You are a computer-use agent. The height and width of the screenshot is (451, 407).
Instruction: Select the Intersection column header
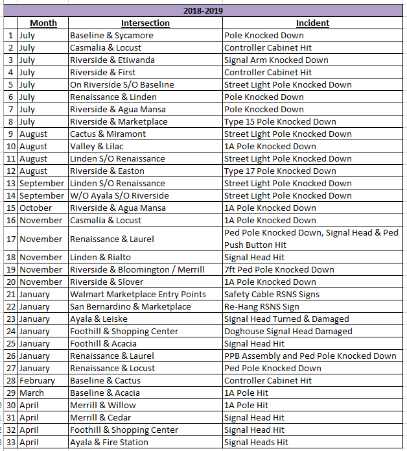[146, 23]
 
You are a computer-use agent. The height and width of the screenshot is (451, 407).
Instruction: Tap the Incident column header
[312, 23]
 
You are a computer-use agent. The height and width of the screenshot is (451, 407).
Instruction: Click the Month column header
[43, 23]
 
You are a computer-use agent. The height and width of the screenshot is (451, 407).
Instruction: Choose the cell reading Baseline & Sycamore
[111, 35]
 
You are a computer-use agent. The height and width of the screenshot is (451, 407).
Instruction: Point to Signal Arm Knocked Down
[276, 60]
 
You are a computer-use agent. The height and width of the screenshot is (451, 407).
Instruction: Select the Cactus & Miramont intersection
[108, 134]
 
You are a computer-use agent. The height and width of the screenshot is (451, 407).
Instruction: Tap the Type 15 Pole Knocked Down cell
[280, 121]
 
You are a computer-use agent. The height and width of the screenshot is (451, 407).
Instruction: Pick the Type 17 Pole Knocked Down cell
[280, 171]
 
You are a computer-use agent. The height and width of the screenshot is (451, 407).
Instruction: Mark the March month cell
[32, 393]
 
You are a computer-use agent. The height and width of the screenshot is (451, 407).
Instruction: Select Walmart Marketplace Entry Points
[138, 294]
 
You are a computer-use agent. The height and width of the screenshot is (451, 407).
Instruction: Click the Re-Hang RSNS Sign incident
[262, 306]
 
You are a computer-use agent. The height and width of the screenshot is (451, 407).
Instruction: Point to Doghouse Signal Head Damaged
[288, 331]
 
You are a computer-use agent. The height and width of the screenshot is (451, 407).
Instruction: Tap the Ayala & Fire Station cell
[109, 442]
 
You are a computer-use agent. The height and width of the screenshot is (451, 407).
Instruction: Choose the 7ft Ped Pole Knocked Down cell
[279, 269]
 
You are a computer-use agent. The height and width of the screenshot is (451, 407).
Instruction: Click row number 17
[10, 239]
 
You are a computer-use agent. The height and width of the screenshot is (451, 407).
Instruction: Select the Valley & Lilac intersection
[97, 146]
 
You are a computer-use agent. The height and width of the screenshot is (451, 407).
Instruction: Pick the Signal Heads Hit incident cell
[256, 442]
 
